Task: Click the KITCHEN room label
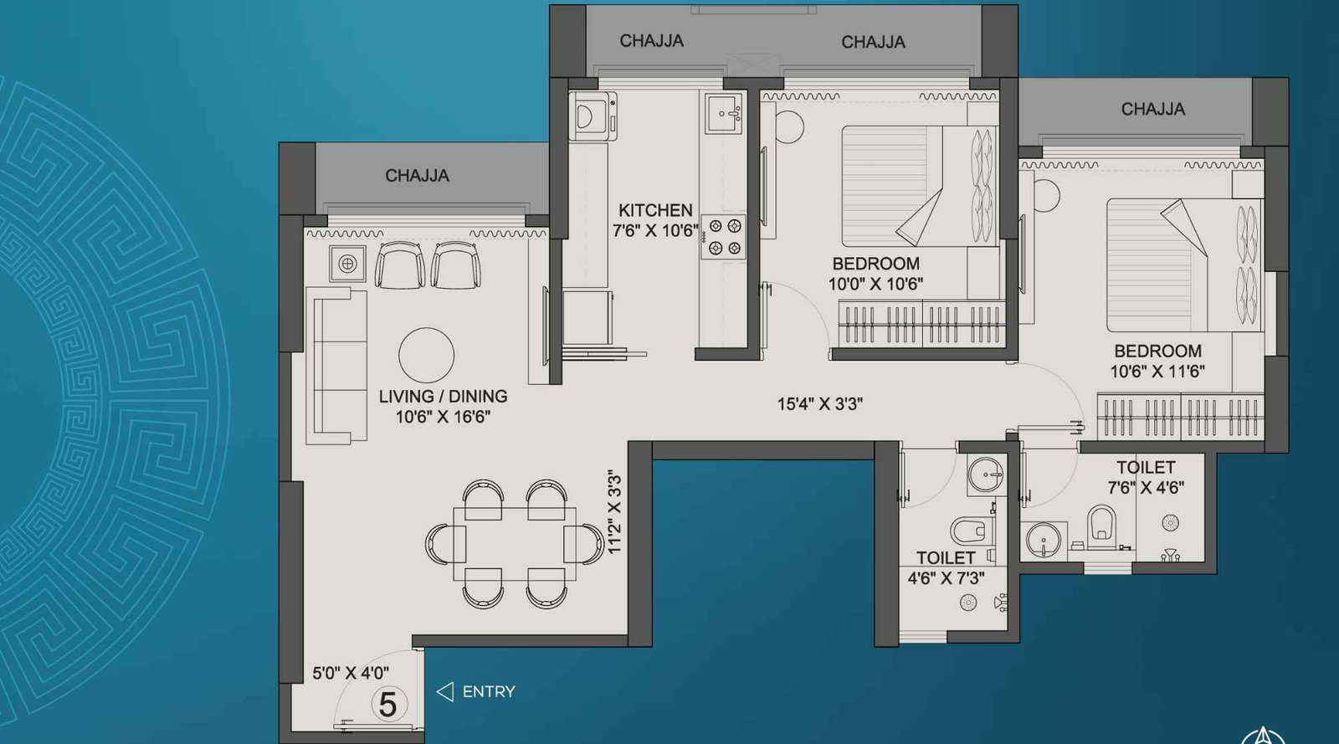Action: pos(655,210)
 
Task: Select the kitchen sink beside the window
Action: pos(724,114)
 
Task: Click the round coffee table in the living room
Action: pos(426,355)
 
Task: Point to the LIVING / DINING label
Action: pos(443,396)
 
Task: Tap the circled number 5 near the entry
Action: pos(387,704)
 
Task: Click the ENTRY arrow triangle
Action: pos(445,691)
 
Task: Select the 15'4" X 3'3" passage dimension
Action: pos(819,403)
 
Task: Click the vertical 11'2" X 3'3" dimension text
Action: pos(615,512)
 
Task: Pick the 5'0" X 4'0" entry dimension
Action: pos(350,672)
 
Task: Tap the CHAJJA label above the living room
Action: pos(417,176)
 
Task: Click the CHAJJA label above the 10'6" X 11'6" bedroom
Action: pos(1152,109)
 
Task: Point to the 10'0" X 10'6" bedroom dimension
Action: pos(875,284)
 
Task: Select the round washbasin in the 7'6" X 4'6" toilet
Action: pos(1042,540)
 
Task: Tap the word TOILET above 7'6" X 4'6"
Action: pos(1145,467)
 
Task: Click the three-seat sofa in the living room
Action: pos(337,365)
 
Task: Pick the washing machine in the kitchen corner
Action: pos(593,115)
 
